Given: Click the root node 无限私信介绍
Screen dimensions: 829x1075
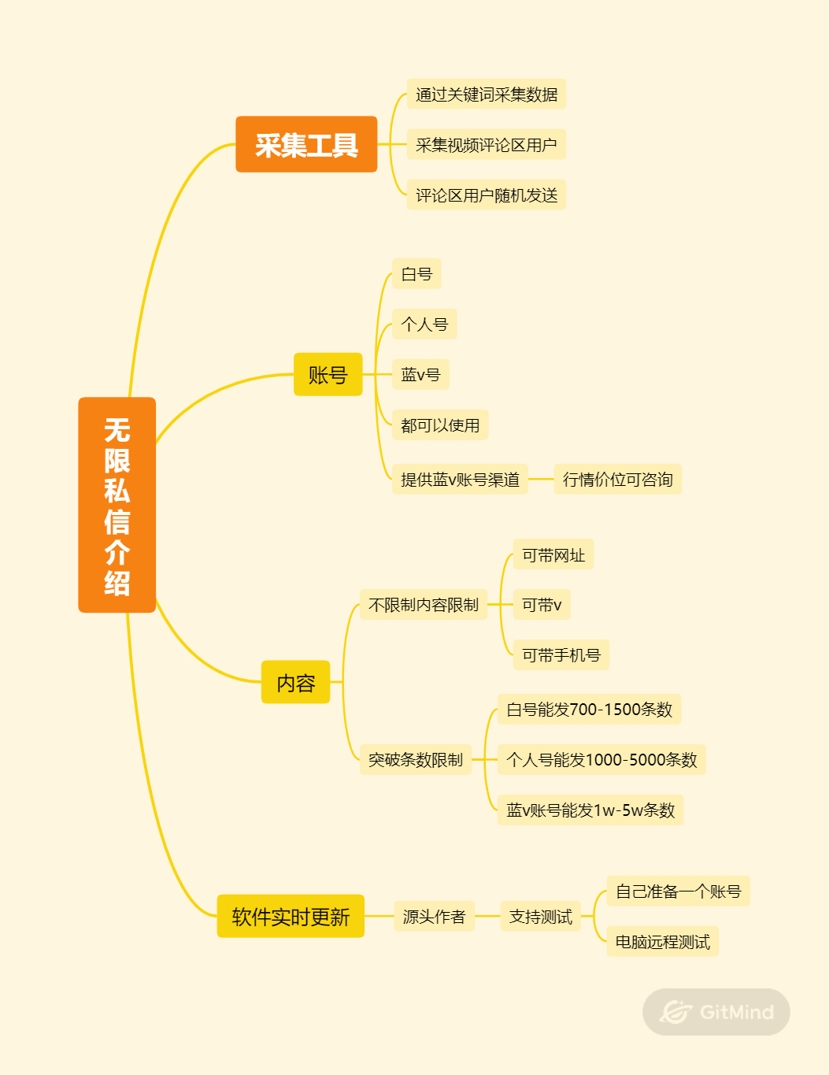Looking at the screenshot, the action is [x=117, y=505].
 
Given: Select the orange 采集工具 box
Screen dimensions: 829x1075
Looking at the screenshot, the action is [x=306, y=144].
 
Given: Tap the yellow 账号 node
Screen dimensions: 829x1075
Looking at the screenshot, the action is [x=328, y=374].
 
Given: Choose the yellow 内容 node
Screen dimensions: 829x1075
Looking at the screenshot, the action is [x=295, y=682].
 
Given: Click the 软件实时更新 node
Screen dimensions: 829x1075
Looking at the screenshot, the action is [x=291, y=916].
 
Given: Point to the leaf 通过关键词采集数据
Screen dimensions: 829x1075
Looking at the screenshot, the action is [x=486, y=94].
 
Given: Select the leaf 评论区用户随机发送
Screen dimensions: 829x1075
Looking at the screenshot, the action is [x=486, y=195].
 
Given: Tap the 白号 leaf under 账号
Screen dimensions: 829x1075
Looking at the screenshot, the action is [x=416, y=273].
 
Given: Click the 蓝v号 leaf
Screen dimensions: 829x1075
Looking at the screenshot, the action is [x=420, y=374].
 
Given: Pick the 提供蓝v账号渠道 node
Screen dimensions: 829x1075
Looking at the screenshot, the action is [x=460, y=479].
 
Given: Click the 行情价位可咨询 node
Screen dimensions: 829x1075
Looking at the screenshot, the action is [x=617, y=479].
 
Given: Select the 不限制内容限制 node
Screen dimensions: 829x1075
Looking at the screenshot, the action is [x=423, y=604].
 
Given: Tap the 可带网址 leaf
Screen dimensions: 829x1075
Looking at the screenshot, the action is [x=553, y=554].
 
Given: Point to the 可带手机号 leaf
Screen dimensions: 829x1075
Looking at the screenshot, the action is [x=561, y=654].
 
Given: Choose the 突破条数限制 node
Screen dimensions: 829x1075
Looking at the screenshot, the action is [x=415, y=759].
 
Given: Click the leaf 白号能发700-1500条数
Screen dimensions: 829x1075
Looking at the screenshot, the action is [x=589, y=709].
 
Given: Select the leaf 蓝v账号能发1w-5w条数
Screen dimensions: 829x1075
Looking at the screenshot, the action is [x=590, y=810].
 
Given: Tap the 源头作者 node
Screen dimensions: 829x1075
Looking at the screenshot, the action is [x=434, y=916].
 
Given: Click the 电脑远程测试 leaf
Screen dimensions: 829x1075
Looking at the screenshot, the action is [x=662, y=941].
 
